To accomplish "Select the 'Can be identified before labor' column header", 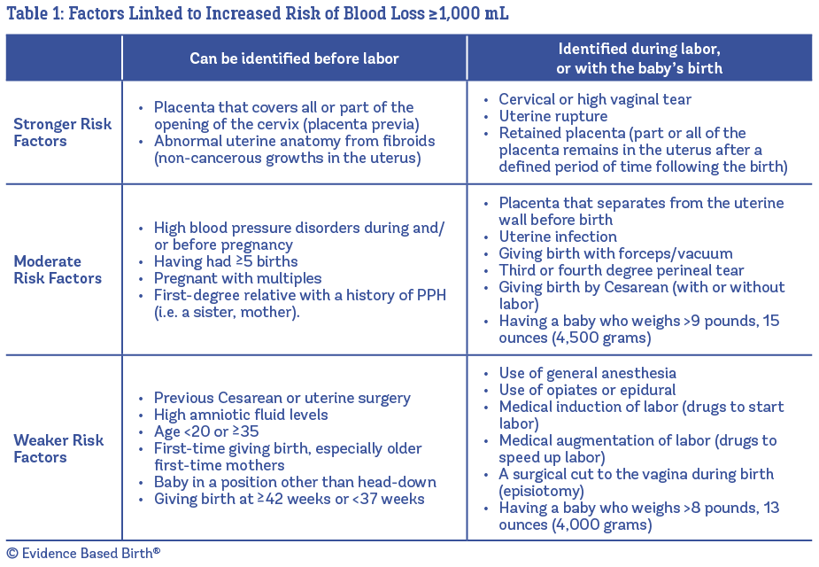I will point(294,58).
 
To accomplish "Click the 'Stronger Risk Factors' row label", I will point(63,132).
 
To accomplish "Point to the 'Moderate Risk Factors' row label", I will point(58,269).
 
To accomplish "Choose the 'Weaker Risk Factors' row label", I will point(58,448).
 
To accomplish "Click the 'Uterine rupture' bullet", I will point(552,116).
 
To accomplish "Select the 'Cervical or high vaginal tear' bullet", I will point(595,99).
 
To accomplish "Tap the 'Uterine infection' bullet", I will point(558,237).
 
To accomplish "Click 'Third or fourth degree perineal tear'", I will point(622,270).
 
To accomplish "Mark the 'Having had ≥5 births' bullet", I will point(225,261).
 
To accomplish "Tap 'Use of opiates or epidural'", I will point(587,390).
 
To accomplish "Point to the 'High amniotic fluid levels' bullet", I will point(241,415).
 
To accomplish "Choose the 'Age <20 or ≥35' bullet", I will point(206,431).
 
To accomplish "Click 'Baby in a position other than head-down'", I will point(295,482).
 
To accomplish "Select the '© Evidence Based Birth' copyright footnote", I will point(83,552).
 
